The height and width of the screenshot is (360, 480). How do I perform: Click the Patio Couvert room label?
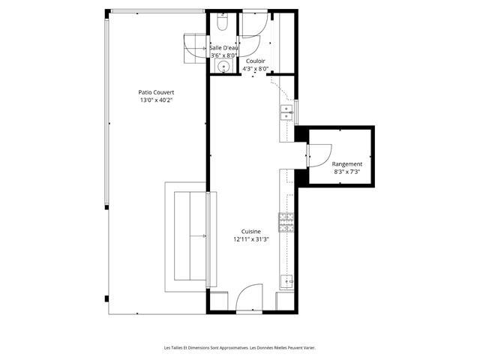pyautogui.click(x=156, y=92)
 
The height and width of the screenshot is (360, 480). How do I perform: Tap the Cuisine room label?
pyautogui.click(x=251, y=232)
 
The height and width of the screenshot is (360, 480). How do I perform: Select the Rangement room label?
pyautogui.click(x=346, y=164)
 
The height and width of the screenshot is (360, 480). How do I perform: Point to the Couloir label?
pyautogui.click(x=255, y=61)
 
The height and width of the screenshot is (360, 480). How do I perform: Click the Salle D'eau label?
pyautogui.click(x=224, y=48)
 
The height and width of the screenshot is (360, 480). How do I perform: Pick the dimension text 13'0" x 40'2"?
pyautogui.click(x=157, y=100)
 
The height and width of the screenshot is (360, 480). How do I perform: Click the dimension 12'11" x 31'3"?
pyautogui.click(x=251, y=239)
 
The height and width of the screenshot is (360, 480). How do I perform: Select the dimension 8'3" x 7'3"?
pyautogui.click(x=346, y=172)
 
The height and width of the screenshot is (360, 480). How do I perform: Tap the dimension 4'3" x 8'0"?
pyautogui.click(x=255, y=69)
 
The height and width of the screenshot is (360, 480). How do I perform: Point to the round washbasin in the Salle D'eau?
pyautogui.click(x=223, y=66)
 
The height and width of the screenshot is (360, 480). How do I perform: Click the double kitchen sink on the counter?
pyautogui.click(x=286, y=112)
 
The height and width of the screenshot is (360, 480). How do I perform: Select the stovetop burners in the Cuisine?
pyautogui.click(x=286, y=223)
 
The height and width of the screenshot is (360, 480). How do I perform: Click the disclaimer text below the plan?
pyautogui.click(x=240, y=348)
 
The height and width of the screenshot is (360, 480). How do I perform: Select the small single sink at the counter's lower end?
pyautogui.click(x=286, y=282)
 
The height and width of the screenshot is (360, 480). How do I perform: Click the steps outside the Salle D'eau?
pyautogui.click(x=195, y=48)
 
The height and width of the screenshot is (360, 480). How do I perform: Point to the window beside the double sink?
pyautogui.click(x=296, y=112)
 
